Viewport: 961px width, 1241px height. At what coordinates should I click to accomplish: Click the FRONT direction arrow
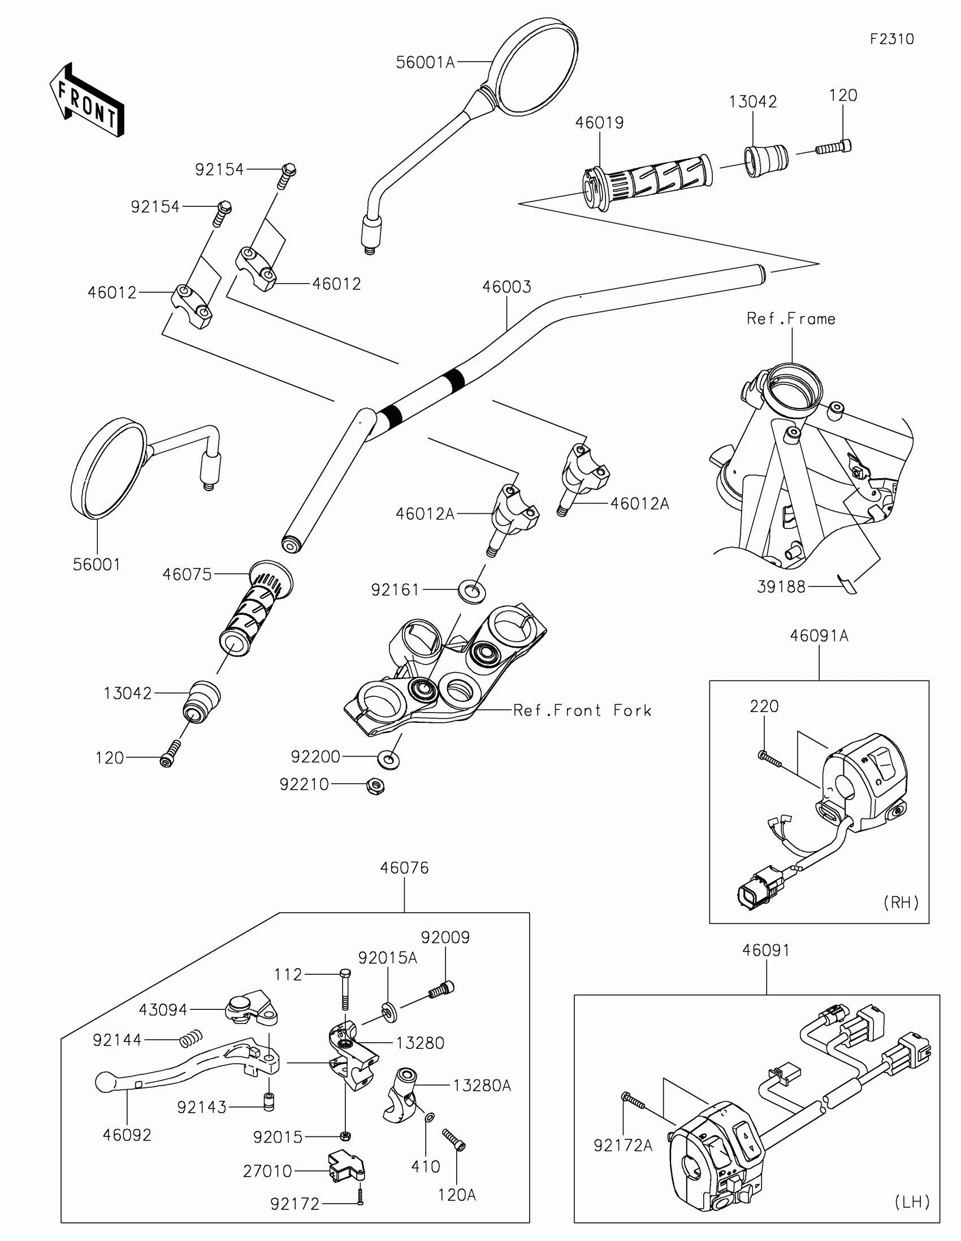(x=86, y=100)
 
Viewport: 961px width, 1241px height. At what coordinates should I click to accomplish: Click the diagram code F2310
(x=891, y=39)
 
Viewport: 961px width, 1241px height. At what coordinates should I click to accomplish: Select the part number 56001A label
(x=425, y=63)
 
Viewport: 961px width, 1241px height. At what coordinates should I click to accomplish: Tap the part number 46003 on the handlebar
(x=507, y=287)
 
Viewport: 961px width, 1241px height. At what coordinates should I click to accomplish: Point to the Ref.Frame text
(x=791, y=319)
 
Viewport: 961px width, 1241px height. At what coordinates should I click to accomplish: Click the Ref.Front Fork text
(x=582, y=710)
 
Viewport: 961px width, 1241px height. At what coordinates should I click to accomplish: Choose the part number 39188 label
(x=781, y=587)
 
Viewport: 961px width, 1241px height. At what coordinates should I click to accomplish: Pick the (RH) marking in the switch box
(x=901, y=902)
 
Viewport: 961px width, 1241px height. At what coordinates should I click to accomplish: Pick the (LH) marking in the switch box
(x=912, y=1202)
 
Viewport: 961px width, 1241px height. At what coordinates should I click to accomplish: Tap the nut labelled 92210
(x=376, y=786)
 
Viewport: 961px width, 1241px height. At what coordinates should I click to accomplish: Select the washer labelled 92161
(x=471, y=591)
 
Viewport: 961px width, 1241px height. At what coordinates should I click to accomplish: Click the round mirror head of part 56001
(x=109, y=468)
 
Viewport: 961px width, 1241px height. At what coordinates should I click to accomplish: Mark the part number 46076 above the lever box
(x=404, y=867)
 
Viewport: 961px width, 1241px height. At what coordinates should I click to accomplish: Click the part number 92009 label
(x=445, y=938)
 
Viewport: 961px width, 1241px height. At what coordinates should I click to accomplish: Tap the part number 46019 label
(x=599, y=123)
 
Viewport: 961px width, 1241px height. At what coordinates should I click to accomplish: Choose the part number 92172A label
(x=623, y=1146)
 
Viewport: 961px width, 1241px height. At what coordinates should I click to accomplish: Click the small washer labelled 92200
(x=389, y=758)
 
